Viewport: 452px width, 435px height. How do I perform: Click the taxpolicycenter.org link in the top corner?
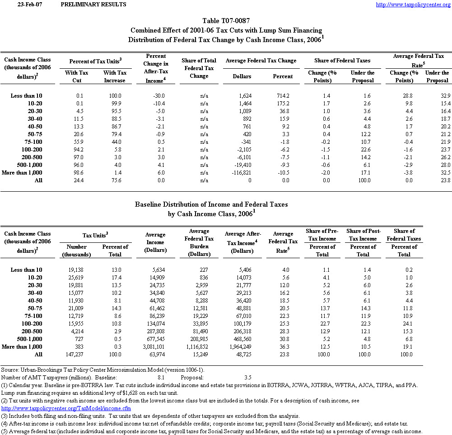pos(413,5)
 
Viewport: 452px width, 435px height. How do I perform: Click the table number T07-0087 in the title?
pos(226,21)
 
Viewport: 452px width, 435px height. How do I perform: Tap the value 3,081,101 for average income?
pos(154,347)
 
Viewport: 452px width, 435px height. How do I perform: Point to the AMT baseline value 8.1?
pos(161,377)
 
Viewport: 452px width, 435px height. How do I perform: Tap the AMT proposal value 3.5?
pos(247,377)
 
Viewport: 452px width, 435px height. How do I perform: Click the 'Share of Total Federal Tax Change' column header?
pos(199,68)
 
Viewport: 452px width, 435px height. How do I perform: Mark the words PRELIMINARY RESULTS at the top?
pos(93,5)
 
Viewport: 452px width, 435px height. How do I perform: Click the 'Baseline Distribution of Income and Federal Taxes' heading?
pos(211,204)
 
